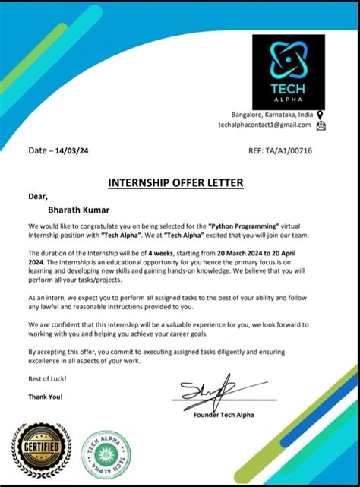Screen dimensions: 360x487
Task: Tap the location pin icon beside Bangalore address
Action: [320, 114]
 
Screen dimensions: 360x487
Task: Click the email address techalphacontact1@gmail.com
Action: [265, 124]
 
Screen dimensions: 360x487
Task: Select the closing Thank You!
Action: [46, 396]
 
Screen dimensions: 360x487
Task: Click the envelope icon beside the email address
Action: [320, 125]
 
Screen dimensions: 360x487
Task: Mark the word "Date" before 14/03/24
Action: [37, 151]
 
